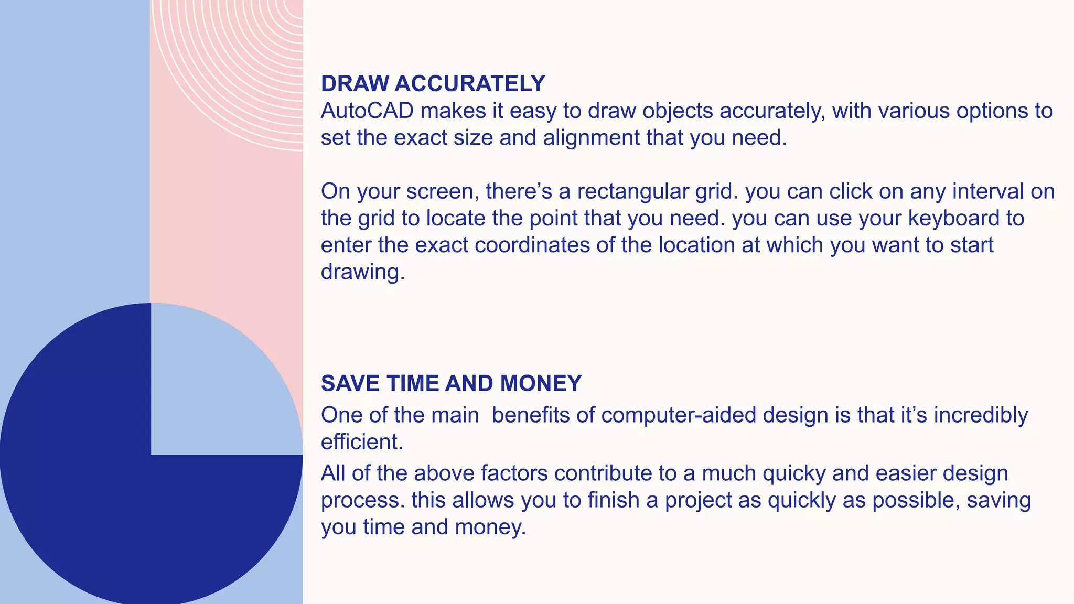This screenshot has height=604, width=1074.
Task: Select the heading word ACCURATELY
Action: tap(470, 84)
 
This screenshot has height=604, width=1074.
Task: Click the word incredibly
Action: tap(981, 415)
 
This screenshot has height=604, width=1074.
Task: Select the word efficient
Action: tap(362, 442)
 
